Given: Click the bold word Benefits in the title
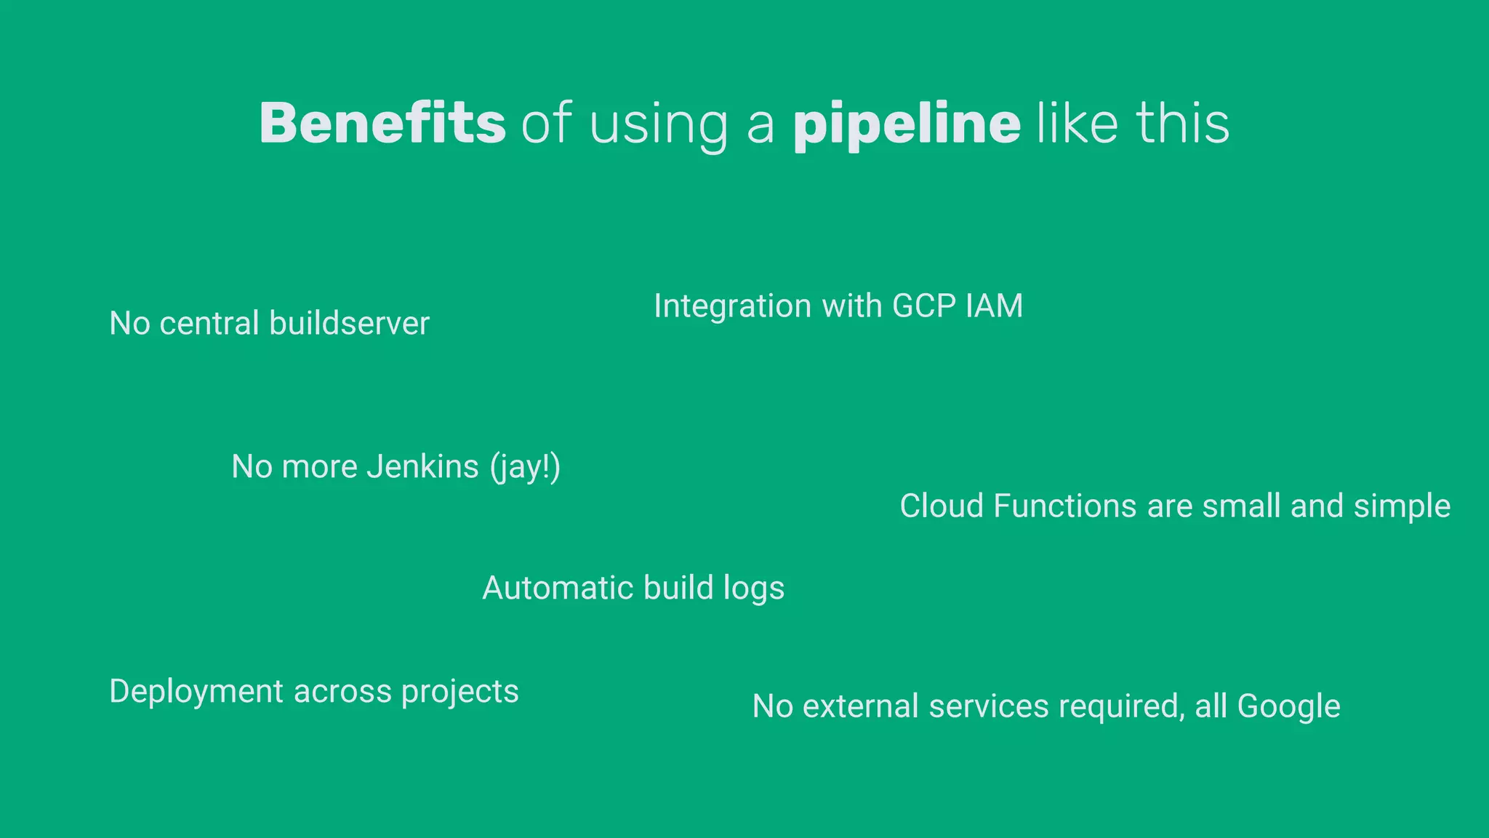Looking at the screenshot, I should (382, 123).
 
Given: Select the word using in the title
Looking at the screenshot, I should (658, 125).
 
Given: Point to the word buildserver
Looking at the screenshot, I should (349, 323).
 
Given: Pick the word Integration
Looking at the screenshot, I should (732, 306).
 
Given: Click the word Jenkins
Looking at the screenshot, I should (422, 466).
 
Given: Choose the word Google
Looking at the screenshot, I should (1288, 707).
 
